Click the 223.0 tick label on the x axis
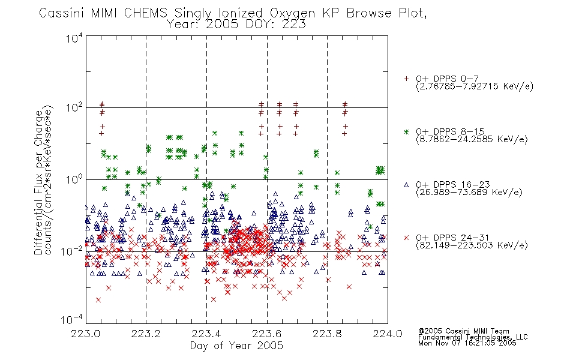pos(85,334)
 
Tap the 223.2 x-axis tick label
pos(146,334)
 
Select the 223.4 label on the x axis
pos(206,334)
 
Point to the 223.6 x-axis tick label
pos(266,334)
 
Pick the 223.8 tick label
pos(327,334)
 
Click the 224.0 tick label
pos(388,334)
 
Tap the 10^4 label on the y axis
pos(74,38)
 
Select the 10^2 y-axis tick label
pos(74,108)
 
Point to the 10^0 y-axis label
pos(74,179)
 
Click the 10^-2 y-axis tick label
pos(72,251)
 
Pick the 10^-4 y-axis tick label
pos(72,320)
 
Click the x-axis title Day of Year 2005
pos(236,346)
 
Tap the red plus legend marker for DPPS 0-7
pos(406,79)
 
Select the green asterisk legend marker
pos(406,132)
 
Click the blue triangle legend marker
pos(406,185)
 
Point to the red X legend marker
pos(406,238)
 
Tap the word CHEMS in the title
pos(145,13)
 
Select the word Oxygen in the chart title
pos(292,14)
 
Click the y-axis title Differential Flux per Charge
pos(39,182)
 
